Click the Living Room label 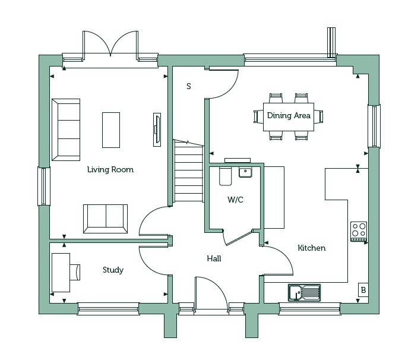click(110, 169)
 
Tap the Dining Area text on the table click(289, 115)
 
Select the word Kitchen click(312, 248)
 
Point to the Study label click(113, 270)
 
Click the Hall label click(214, 258)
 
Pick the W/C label click(235, 200)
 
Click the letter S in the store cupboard click(189, 86)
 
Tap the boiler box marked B click(363, 290)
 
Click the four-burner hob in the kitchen click(359, 231)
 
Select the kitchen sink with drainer click(305, 292)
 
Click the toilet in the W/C click(225, 176)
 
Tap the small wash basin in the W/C click(245, 172)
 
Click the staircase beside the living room click(188, 171)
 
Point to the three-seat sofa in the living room click(66, 130)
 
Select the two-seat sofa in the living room click(105, 219)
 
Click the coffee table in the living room click(111, 130)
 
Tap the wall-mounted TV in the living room click(157, 130)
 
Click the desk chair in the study click(75, 273)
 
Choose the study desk click(61, 273)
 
